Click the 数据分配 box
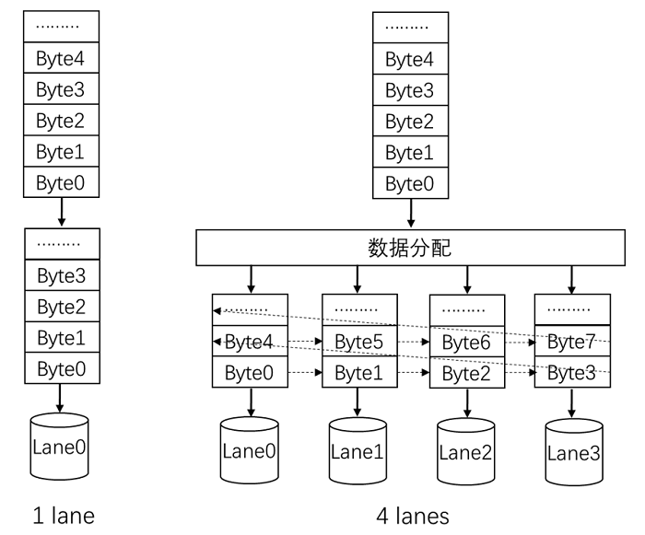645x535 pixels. click(x=411, y=247)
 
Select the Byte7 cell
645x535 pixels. click(x=572, y=343)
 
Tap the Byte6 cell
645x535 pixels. click(x=467, y=343)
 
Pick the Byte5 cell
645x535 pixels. click(x=358, y=343)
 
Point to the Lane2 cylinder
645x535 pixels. click(x=466, y=451)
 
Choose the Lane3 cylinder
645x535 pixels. click(x=573, y=451)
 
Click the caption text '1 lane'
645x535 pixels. click(x=62, y=515)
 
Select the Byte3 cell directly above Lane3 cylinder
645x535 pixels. click(x=572, y=373)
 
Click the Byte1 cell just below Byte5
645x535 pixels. click(x=358, y=373)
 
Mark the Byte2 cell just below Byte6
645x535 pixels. click(x=467, y=373)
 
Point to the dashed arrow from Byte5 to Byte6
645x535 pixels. click(x=413, y=343)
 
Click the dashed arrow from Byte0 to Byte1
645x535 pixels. click(x=305, y=373)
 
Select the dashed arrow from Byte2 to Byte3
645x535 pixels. click(x=520, y=373)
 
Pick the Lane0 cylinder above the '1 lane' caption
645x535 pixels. click(x=60, y=448)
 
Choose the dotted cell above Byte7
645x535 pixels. click(x=572, y=309)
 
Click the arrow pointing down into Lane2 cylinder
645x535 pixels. click(x=467, y=402)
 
